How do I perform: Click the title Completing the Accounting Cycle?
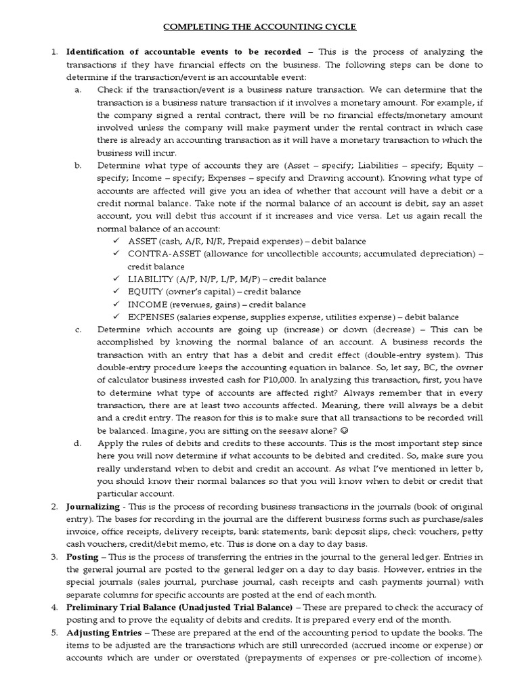(259, 26)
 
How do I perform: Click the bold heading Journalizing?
(93, 506)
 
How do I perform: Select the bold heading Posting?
(82, 556)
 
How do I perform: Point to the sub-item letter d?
(79, 443)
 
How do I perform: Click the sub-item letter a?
(79, 90)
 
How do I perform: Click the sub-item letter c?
(79, 330)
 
